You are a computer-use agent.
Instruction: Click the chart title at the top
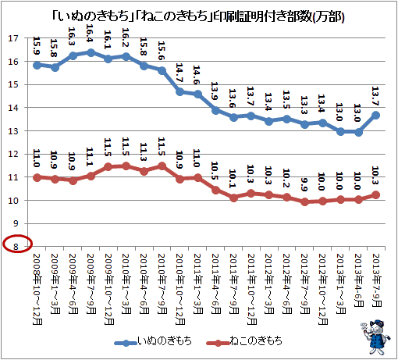pyautogui.click(x=198, y=17)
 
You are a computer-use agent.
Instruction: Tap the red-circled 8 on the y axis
pyautogui.click(x=16, y=246)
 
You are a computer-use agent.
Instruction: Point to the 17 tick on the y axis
pyautogui.click(x=13, y=38)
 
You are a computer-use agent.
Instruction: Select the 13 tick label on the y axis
pyautogui.click(x=13, y=131)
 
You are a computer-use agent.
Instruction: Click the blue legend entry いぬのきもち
pyautogui.click(x=153, y=341)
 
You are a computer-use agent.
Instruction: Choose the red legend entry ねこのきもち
pyautogui.click(x=244, y=341)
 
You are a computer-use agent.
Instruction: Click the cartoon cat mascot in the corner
pyautogui.click(x=375, y=337)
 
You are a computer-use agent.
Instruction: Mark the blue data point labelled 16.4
pyautogui.click(x=91, y=53)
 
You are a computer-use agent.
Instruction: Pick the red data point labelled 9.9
pyautogui.click(x=304, y=201)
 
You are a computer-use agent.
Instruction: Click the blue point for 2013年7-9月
pyautogui.click(x=376, y=116)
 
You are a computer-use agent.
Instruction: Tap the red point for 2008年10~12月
pyautogui.click(x=37, y=178)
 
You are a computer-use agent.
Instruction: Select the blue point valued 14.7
pyautogui.click(x=179, y=92)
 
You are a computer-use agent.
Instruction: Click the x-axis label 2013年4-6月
pyautogui.click(x=358, y=280)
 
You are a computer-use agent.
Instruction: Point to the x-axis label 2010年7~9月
pyautogui.click(x=162, y=284)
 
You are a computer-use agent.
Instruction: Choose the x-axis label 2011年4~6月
pyautogui.click(x=215, y=284)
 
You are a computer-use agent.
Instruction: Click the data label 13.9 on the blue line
pyautogui.click(x=215, y=91)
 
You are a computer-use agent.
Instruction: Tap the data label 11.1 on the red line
pyautogui.click(x=90, y=156)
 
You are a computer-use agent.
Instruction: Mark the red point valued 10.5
pyautogui.click(x=215, y=191)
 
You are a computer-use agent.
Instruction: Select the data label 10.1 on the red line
pyautogui.click(x=233, y=179)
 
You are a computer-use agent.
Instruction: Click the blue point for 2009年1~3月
pyautogui.click(x=55, y=68)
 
